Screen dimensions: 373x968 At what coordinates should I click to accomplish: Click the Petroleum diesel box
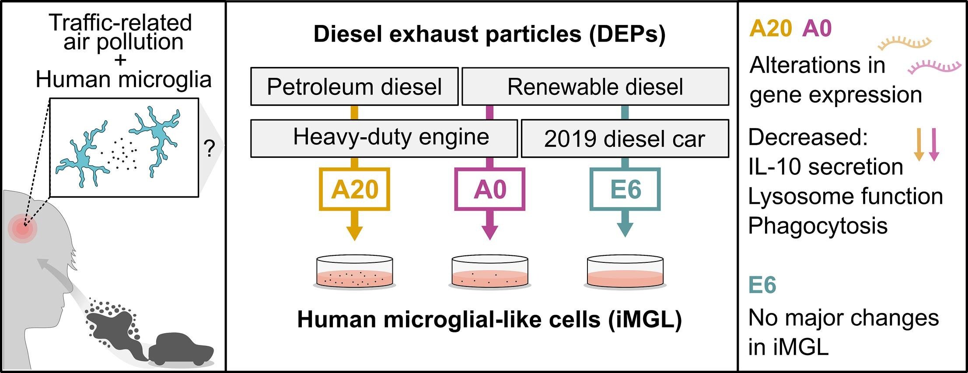coord(354,87)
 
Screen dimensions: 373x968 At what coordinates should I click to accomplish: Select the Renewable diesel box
coord(595,87)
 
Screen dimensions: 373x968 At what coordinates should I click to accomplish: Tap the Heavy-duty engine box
coord(384,138)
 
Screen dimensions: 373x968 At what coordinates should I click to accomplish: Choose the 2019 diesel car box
coord(625,139)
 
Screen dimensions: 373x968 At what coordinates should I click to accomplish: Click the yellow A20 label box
coord(354,189)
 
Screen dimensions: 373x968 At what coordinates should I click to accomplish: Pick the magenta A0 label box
coord(489,189)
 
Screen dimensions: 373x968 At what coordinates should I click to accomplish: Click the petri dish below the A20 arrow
coord(354,273)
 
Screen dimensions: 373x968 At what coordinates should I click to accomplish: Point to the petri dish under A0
coord(489,273)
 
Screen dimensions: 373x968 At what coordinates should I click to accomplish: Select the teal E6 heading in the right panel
coord(762,285)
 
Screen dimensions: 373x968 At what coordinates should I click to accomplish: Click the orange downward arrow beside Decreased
coord(919,145)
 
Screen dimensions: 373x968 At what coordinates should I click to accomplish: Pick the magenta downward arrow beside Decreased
coord(933,145)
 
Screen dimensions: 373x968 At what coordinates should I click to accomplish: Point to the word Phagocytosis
coord(818,226)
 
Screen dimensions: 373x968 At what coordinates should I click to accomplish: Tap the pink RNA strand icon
coord(934,67)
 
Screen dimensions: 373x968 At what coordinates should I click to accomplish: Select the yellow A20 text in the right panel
coord(770,29)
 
